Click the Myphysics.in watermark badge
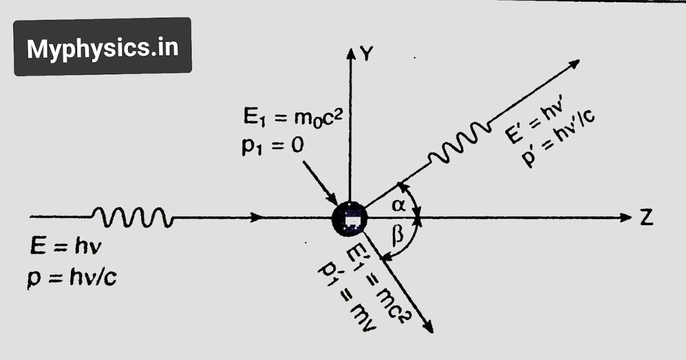103,47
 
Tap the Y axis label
367,54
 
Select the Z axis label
646,218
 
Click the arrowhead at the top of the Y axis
350,53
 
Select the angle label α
401,206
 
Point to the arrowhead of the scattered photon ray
574,63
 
